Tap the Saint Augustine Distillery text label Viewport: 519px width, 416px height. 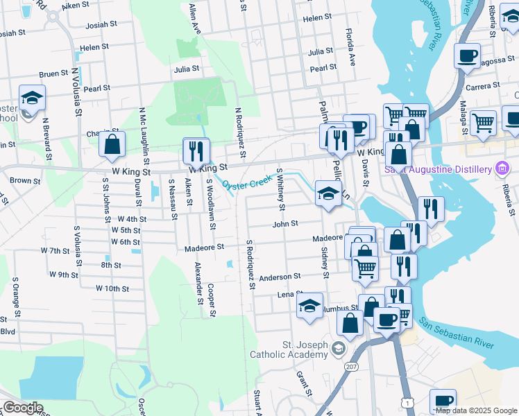[x=439, y=168]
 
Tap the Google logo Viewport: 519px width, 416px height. [x=24, y=408]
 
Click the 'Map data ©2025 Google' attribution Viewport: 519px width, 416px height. [x=476, y=410]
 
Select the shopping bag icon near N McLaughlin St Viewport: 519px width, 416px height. [x=111, y=145]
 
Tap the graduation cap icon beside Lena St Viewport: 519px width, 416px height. [x=309, y=306]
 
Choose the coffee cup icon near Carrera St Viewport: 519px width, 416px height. [x=467, y=55]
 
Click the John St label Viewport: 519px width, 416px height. [x=285, y=224]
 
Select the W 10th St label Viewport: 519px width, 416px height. [x=113, y=288]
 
